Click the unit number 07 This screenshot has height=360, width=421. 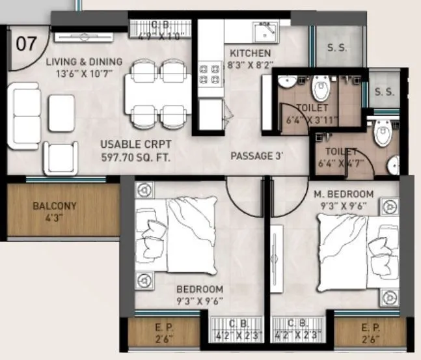click(25, 44)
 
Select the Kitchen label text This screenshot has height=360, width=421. click(251, 53)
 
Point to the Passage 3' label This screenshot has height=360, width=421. click(256, 156)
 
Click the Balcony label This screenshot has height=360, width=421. click(55, 206)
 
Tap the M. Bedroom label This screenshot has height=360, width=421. click(344, 194)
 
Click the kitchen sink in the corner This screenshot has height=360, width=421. click(265, 31)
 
